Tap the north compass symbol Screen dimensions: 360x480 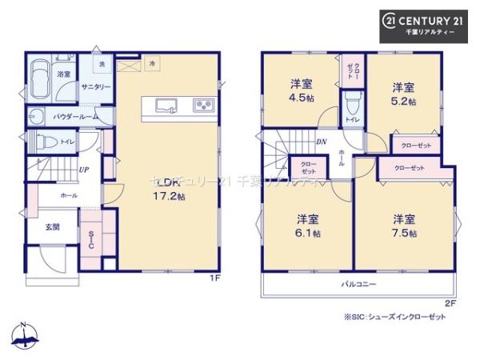point(24,337)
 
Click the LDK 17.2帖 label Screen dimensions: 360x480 point(169,189)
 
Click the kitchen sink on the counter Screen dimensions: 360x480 point(166,104)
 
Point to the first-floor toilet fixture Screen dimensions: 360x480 point(46,142)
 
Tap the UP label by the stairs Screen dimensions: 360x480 point(83,170)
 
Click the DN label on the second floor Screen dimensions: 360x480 point(321,142)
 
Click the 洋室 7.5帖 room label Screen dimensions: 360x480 point(403,225)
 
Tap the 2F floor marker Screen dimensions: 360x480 point(450,303)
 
